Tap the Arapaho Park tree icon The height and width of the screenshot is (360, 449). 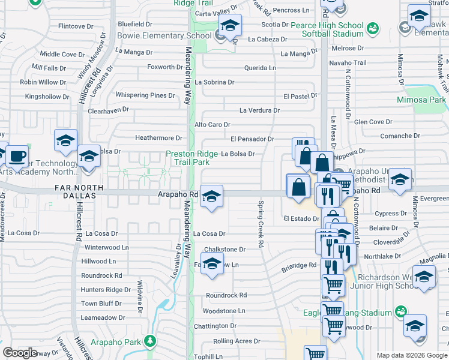click(x=150, y=342)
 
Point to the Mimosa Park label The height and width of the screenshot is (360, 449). click(x=421, y=100)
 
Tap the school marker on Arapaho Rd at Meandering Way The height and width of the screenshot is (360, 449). click(x=211, y=196)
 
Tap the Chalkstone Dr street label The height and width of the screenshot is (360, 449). click(x=225, y=249)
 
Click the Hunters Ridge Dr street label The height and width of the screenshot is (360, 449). click(x=106, y=289)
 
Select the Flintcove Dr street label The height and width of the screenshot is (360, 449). click(x=76, y=26)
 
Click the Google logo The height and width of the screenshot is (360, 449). click(x=20, y=353)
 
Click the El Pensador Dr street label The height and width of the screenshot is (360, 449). click(x=252, y=139)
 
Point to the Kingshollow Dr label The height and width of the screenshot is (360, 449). click(x=47, y=96)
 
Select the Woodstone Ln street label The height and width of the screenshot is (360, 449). click(x=224, y=311)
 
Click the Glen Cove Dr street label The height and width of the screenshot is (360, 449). click(x=373, y=122)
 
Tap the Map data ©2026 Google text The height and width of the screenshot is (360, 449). click(x=412, y=355)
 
